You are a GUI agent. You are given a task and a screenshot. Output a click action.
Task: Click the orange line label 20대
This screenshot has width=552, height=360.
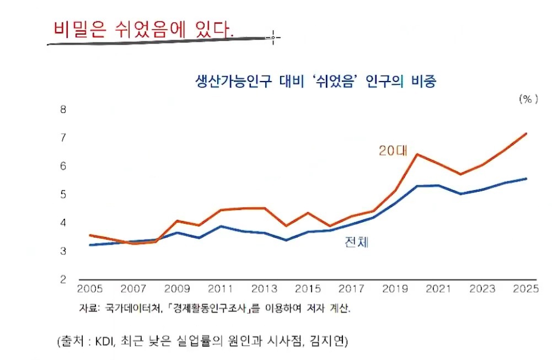point(392,151)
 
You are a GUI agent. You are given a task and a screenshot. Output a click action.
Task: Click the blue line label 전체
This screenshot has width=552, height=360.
point(356,241)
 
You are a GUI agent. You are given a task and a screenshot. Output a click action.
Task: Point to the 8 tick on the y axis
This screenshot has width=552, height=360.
point(63,109)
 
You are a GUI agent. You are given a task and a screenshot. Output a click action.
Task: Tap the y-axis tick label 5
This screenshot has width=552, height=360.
point(63,194)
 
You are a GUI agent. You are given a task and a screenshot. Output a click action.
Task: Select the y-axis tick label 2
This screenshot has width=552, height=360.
point(63,280)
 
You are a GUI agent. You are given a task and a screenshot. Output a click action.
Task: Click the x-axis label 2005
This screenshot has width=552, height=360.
point(90,289)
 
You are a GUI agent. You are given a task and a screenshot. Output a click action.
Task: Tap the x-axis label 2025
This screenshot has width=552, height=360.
point(524,289)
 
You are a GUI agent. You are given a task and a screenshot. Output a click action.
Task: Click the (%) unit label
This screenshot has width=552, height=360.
point(527,99)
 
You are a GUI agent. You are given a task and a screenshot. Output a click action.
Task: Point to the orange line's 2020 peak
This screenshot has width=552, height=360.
point(417,154)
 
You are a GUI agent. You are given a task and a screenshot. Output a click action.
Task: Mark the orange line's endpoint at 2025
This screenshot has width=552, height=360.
point(526,133)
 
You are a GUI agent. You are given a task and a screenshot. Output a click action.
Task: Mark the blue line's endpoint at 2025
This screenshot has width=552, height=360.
point(526,179)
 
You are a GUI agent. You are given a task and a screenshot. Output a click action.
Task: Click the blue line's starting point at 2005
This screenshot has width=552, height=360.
point(90,245)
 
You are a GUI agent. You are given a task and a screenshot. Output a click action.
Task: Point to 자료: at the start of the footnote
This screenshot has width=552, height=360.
point(90,308)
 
